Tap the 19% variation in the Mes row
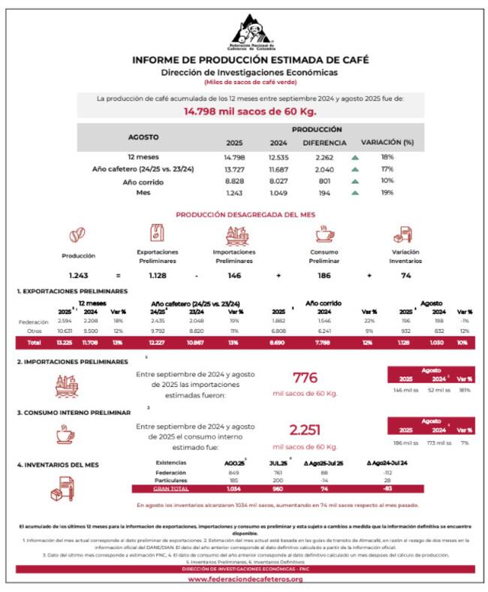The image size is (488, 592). (387, 193)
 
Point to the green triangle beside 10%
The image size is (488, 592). (355, 181)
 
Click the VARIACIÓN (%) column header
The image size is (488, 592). (387, 142)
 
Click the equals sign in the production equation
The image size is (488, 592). (117, 276)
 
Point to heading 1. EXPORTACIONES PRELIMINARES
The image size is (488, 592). (72, 291)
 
